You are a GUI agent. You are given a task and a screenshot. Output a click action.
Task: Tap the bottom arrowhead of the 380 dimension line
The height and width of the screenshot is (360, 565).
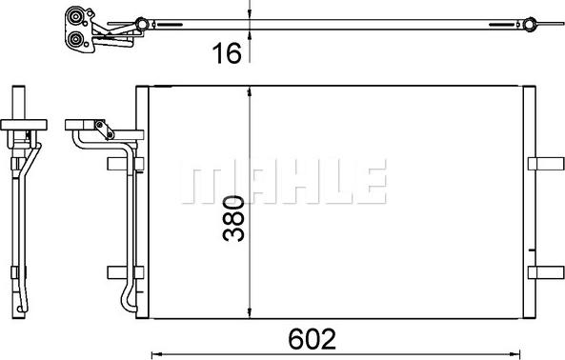click(x=250, y=315)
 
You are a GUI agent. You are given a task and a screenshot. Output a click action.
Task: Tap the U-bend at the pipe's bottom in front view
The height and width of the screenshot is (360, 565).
click(x=127, y=303)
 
